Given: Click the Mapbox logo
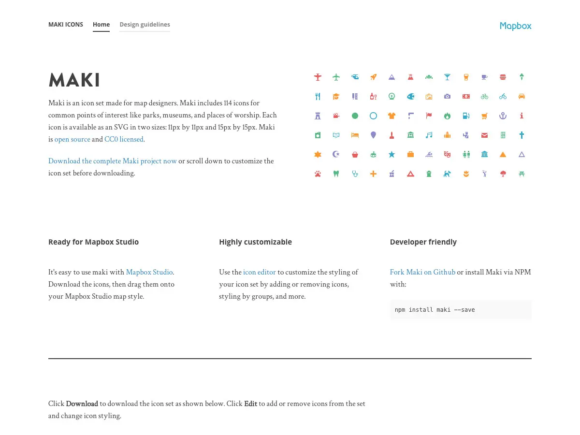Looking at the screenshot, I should [x=515, y=26].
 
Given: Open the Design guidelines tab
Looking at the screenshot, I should [x=145, y=25].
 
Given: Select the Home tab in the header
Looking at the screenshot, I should [x=101, y=25].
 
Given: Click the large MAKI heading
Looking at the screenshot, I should [x=74, y=80].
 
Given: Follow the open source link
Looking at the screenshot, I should [x=72, y=139].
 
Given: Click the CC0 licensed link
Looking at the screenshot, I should [x=124, y=139].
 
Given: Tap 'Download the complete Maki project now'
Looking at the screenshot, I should [x=113, y=161].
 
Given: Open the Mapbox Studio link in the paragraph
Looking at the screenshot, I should [x=149, y=272].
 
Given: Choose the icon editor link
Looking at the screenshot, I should [x=260, y=272].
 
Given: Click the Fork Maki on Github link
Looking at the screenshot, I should [x=422, y=272].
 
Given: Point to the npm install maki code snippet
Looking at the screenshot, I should [x=435, y=310].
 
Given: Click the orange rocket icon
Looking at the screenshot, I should [x=373, y=77].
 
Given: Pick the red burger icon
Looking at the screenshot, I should [x=503, y=77].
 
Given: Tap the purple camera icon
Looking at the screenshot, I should [x=447, y=96].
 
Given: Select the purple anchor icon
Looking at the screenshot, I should [x=503, y=116].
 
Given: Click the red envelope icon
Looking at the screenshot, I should [x=484, y=135].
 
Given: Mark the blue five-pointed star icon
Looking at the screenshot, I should [x=391, y=155].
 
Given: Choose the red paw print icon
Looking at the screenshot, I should [x=318, y=174].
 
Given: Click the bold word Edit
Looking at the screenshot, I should [x=250, y=404].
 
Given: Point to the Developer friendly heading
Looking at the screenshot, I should [x=423, y=242].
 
